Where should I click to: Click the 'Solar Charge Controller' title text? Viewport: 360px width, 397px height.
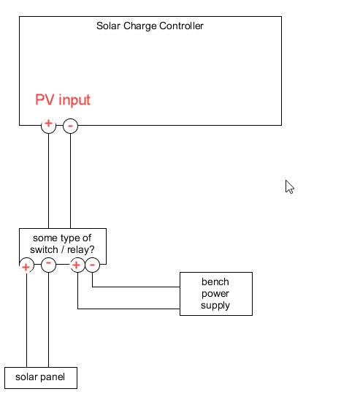[x=150, y=26]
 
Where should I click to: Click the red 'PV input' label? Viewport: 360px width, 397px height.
[x=63, y=100]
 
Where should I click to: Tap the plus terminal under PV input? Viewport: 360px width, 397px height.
[x=48, y=125]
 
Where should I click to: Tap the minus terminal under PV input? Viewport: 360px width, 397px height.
[x=70, y=126]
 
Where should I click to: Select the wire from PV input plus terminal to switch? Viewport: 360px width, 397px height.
[x=48, y=179]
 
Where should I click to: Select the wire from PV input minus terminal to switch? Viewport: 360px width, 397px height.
[x=70, y=179]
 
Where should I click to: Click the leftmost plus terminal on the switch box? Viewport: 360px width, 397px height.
[x=26, y=265]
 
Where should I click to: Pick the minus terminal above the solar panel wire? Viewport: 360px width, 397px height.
[x=48, y=265]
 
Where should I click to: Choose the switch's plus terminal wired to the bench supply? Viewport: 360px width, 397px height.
[x=77, y=265]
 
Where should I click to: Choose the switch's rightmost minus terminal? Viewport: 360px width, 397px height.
[x=92, y=265]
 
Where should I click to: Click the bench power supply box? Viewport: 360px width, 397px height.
[x=215, y=294]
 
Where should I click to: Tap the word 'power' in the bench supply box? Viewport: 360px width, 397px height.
[x=215, y=294]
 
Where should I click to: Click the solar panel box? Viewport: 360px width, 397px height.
[x=40, y=377]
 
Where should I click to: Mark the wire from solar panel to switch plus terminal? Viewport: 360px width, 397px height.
[x=26, y=322]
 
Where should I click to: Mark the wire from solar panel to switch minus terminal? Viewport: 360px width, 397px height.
[x=48, y=322]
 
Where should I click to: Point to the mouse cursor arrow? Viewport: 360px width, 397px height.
[x=289, y=186]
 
